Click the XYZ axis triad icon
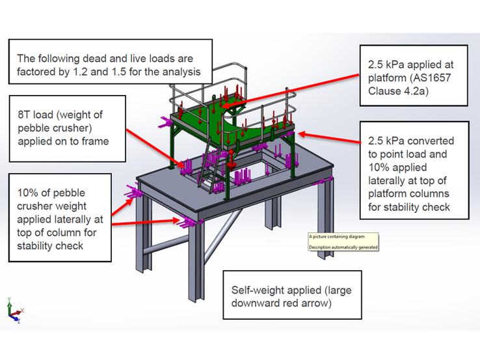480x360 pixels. (14, 311)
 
